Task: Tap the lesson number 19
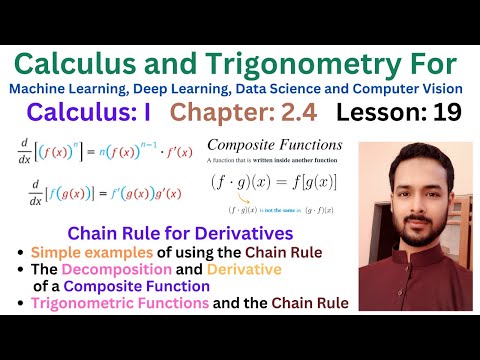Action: coord(448,113)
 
